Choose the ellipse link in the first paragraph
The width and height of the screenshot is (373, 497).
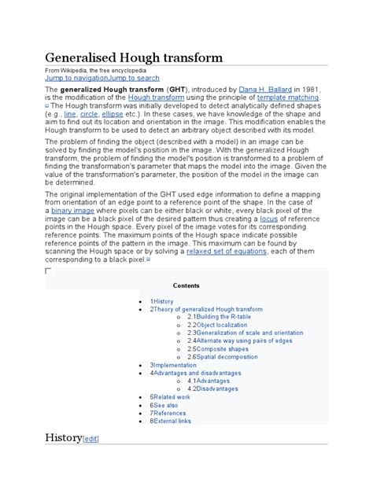point(113,114)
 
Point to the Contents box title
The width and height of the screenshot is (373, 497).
point(186,285)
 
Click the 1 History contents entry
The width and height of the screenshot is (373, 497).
point(161,301)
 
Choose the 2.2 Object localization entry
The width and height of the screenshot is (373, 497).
point(220,325)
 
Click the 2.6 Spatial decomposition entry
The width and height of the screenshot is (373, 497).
point(227,357)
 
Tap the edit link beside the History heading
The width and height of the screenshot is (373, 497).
point(91,439)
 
